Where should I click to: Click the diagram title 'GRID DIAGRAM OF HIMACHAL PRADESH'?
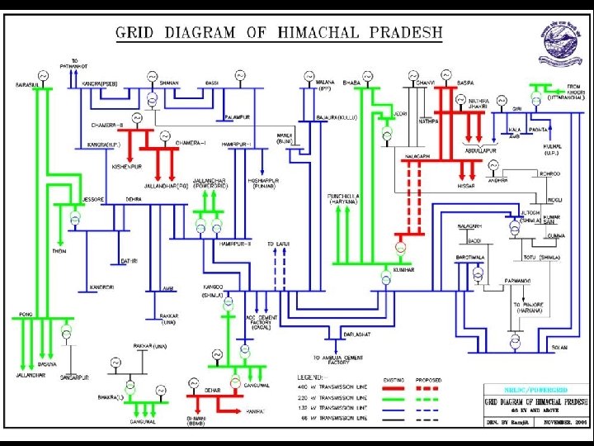[278, 34]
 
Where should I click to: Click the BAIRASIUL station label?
[27, 84]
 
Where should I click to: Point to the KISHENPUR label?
[126, 166]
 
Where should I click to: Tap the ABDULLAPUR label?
[482, 150]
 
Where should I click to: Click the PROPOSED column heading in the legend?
[430, 380]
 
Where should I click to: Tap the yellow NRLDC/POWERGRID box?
[536, 387]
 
